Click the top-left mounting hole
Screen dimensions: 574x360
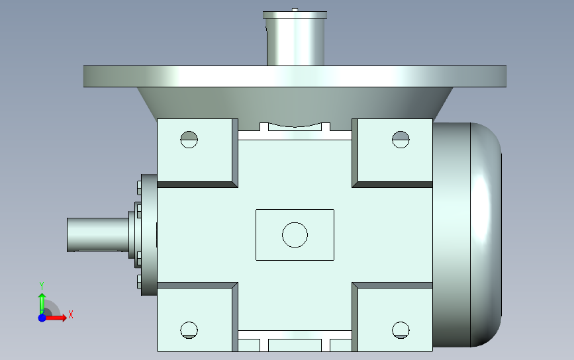point(189,140)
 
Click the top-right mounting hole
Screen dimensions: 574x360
point(401,140)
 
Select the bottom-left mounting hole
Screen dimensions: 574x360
point(189,330)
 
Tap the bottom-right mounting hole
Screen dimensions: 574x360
point(401,330)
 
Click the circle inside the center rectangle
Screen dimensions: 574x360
point(295,235)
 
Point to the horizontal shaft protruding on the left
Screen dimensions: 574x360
point(98,235)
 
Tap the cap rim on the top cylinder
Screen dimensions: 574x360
point(295,15)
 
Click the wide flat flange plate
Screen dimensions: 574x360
point(295,77)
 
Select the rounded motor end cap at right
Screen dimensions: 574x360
point(486,235)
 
